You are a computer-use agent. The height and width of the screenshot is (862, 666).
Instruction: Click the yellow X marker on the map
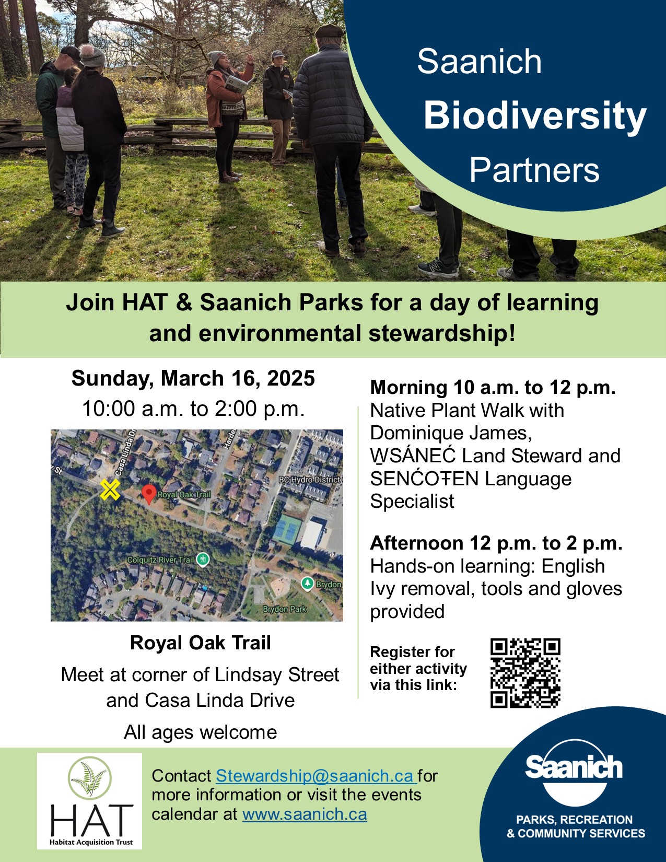point(110,490)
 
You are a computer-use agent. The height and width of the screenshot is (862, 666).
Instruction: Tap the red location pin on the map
point(149,494)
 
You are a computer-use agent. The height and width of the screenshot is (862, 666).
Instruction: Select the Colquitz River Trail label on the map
point(160,560)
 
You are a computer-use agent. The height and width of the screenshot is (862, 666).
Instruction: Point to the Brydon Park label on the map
point(284,609)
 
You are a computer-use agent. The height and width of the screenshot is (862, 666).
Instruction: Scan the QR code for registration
point(525,673)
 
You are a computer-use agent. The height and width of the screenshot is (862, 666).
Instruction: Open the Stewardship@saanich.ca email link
point(316,776)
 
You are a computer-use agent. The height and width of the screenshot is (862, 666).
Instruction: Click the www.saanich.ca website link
point(305,814)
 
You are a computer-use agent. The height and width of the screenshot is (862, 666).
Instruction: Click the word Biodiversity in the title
point(535,115)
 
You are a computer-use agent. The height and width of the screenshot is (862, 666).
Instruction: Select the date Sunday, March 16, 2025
point(193,378)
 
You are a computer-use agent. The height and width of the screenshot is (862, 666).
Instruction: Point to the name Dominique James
point(451,433)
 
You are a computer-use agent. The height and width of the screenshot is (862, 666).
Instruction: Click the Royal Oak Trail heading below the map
point(200,643)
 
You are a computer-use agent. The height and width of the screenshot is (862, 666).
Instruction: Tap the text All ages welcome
point(200,732)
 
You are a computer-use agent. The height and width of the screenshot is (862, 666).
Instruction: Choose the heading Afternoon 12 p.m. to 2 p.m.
point(496,543)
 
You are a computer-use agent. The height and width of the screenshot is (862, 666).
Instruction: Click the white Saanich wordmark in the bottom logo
point(574,767)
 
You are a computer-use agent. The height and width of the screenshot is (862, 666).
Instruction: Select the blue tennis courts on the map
point(286,530)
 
